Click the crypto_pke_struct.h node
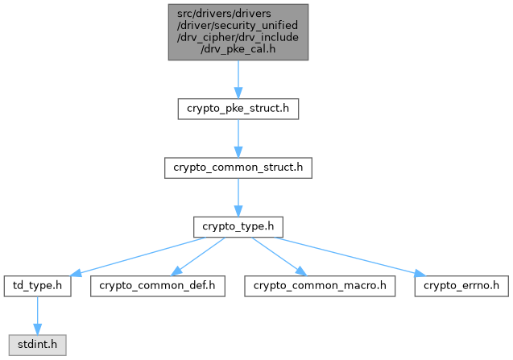tap(238, 109)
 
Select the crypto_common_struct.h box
tap(238, 168)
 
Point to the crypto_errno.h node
tap(461, 286)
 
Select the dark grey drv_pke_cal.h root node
tap(238, 31)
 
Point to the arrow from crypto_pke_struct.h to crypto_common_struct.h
tap(238, 138)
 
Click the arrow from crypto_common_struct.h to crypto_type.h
tap(238, 197)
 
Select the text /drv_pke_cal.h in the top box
tap(238, 49)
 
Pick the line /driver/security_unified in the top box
tap(238, 25)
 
